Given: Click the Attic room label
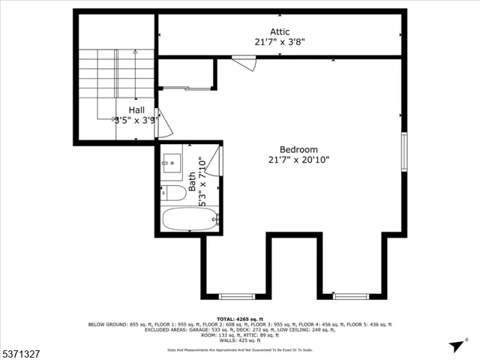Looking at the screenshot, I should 269,32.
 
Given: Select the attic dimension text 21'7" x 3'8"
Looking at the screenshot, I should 279,42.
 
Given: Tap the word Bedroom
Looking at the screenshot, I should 298,149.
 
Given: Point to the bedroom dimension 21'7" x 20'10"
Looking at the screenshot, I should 298,159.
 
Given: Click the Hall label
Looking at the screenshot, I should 136,109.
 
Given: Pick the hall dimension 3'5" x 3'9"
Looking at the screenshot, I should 135,119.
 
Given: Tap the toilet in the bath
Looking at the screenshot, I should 173,193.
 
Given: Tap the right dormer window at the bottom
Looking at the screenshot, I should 351,295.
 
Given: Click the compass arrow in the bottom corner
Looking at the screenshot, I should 454,346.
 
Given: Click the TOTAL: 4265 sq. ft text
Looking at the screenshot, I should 239,319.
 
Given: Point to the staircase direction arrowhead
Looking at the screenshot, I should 135,53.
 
